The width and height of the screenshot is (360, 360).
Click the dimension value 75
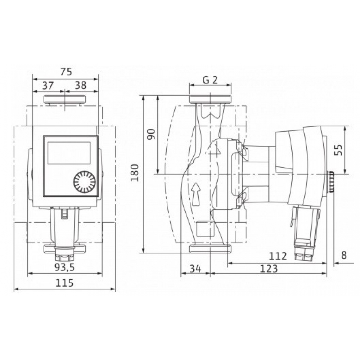point(66,72)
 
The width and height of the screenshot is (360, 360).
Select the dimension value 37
point(48,85)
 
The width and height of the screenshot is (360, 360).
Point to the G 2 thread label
point(210,80)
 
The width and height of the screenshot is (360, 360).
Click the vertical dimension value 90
point(152,134)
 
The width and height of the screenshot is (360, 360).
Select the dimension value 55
point(338,150)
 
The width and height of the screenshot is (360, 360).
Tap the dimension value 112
point(278,256)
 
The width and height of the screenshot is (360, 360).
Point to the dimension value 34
point(194,268)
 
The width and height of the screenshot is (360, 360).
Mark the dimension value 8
point(343,255)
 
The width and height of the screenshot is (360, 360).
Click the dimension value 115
point(65,283)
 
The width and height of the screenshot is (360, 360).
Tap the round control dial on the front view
point(84,182)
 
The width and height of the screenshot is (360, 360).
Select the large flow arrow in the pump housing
point(196,194)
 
